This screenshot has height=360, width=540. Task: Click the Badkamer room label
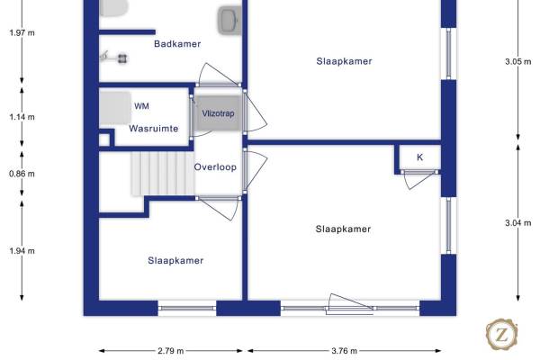177,44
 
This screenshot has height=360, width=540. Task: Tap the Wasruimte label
154,129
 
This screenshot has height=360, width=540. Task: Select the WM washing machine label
141,106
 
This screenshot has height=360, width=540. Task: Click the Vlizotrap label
218,113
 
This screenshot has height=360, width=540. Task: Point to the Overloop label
215,167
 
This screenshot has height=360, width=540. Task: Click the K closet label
419,157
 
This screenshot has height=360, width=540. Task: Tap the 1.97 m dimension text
22,33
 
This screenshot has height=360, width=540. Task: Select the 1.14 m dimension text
22,117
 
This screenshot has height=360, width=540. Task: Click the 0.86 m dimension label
22,174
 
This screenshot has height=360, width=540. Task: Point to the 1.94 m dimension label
22,251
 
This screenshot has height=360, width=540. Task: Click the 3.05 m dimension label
518,62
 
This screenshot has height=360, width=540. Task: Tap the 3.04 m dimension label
518,223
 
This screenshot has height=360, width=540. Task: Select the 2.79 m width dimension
171,351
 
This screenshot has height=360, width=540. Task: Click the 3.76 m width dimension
345,351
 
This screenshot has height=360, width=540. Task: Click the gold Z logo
502,334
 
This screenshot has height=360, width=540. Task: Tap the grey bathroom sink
229,21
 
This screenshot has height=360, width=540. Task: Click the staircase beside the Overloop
163,174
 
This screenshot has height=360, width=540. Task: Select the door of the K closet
419,179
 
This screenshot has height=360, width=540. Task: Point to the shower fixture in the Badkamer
114,58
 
